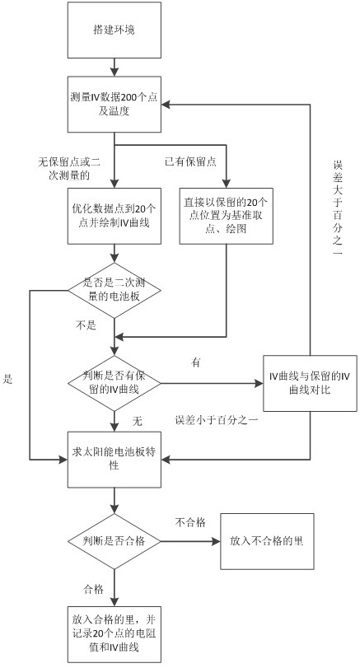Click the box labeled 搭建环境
(115, 30)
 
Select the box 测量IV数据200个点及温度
(115, 105)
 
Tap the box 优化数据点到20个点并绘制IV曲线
(115, 216)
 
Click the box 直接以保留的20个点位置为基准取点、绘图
(227, 216)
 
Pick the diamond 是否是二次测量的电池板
(115, 290)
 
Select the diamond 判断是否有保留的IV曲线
(115, 383)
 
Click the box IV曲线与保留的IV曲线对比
(310, 383)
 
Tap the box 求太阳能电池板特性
(115, 460)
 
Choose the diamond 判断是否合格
(115, 541)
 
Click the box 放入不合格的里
(267, 541)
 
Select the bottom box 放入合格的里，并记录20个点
(115, 634)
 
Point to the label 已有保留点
(190, 161)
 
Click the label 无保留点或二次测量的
(69, 169)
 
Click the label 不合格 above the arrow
(190, 522)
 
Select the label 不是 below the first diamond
(86, 325)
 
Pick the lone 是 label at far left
(7, 379)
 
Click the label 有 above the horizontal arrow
(196, 363)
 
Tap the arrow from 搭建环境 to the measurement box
(115, 68)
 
